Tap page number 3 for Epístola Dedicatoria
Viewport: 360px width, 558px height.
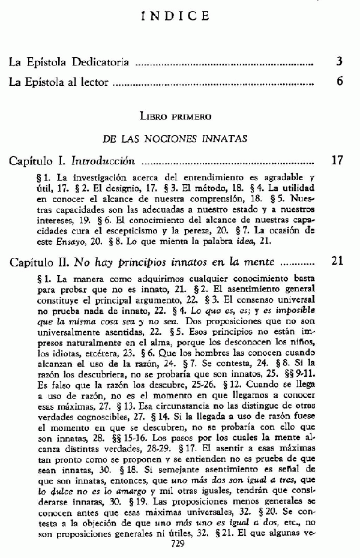339,61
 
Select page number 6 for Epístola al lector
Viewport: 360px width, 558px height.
339,82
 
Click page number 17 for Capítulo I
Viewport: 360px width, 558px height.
337,161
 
